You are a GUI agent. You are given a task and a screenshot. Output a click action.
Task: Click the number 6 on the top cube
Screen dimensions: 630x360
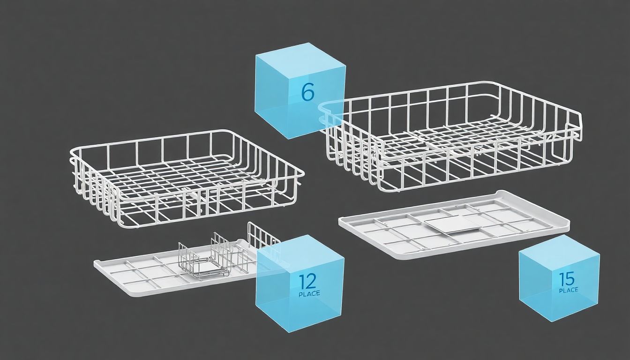coord(307,92)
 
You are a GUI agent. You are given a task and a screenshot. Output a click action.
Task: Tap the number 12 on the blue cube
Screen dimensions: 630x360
coord(307,281)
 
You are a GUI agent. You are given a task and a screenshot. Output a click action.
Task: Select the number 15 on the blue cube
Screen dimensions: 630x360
coord(566,279)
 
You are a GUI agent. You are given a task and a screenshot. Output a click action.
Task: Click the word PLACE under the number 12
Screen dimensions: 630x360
coord(309,294)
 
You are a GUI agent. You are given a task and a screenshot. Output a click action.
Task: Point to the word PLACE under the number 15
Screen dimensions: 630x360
coord(569,290)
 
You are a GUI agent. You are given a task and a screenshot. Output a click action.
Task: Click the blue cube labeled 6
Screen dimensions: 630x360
coord(300,90)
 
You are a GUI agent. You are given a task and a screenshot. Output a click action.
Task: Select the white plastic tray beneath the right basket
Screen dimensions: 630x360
coord(454,225)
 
